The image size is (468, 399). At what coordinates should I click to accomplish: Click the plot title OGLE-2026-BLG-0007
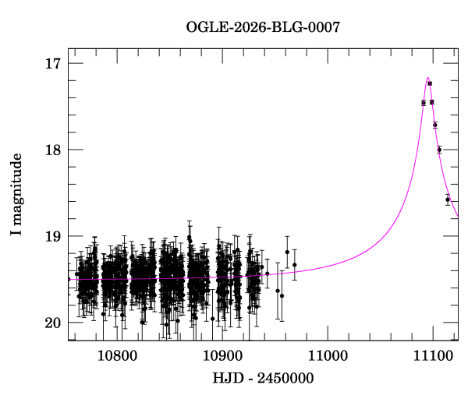click(263, 27)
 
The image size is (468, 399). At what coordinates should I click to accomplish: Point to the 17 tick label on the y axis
click(54, 63)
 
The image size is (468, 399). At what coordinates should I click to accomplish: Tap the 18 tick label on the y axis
click(54, 150)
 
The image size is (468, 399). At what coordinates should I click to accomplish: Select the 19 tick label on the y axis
click(54, 236)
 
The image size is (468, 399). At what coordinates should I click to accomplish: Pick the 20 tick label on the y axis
click(54, 323)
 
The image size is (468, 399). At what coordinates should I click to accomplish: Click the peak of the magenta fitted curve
click(427, 78)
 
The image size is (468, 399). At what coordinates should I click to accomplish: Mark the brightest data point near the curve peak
click(430, 83)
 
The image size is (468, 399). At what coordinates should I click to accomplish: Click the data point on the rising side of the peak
click(423, 103)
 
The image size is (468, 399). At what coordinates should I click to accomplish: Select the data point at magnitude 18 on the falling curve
click(439, 150)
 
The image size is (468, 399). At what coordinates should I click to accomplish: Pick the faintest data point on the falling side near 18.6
click(448, 199)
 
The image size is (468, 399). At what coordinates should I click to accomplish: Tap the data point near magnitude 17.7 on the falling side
click(435, 125)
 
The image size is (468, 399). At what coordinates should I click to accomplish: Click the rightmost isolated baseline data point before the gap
click(295, 265)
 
